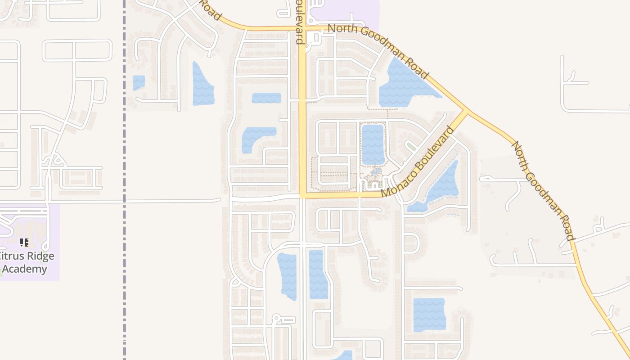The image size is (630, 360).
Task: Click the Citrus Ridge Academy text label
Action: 27,262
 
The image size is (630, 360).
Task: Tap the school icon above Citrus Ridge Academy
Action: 24,243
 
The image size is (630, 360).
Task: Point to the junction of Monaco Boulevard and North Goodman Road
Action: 465,111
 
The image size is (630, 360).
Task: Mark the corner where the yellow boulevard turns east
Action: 303,195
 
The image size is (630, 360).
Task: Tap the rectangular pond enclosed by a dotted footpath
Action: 373,144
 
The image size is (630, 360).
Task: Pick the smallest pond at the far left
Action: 139,82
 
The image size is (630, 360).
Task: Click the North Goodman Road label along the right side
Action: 543,191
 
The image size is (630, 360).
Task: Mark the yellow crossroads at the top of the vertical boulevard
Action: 303,28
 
